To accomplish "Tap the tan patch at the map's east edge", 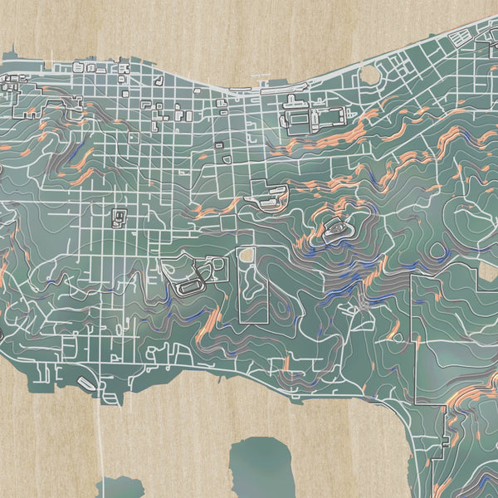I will [489, 272].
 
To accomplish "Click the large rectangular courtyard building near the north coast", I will [316, 117].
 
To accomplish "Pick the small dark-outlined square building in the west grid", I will [120, 217].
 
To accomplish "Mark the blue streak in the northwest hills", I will [79, 154].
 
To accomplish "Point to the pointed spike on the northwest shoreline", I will [51, 61].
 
